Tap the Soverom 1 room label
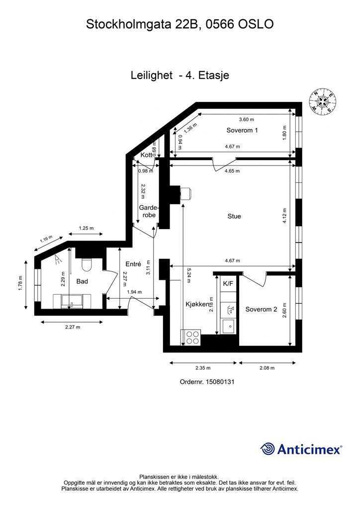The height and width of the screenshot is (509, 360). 242,130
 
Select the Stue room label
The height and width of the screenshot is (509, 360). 234,216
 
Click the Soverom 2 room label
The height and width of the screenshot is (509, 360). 262,309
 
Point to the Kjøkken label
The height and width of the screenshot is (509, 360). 197,305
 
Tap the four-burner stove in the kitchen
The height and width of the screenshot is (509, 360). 191,338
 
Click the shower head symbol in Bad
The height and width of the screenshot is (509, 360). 58,258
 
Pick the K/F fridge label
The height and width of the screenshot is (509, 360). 228,284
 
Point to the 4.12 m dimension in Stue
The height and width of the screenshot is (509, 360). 284,216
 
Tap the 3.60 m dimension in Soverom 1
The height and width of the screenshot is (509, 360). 247,119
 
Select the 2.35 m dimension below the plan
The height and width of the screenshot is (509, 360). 203,368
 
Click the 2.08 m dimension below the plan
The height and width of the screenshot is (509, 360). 267,368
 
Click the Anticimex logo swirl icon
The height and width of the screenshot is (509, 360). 268,449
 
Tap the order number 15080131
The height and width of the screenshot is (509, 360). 220,382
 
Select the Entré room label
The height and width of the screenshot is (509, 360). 133,264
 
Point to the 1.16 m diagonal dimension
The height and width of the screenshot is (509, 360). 46,239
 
